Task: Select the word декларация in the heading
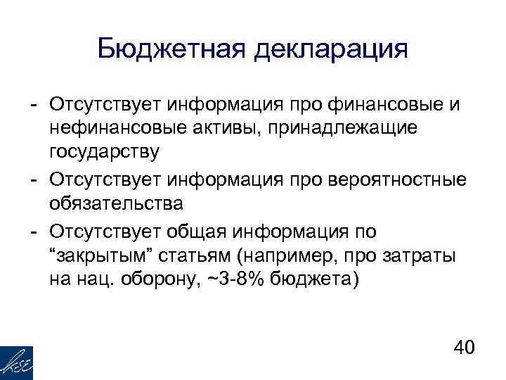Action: pos(331,50)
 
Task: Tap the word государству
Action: pos(105,152)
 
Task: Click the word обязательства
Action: pos(116,204)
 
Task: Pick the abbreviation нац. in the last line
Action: pos(90,280)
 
